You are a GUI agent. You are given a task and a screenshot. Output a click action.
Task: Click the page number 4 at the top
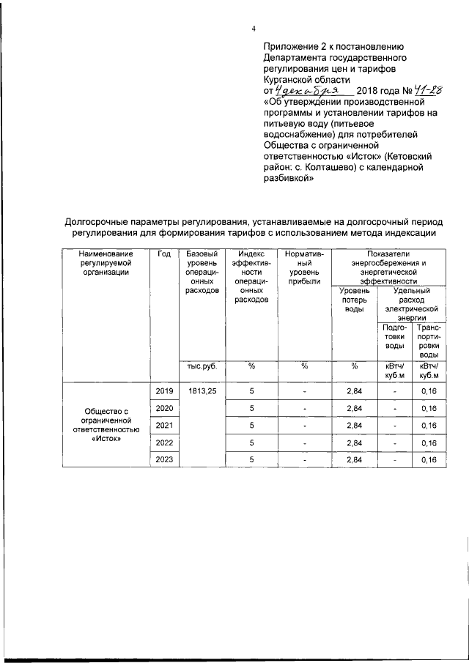coord(253,29)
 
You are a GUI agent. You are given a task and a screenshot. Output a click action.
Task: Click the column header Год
coord(164,253)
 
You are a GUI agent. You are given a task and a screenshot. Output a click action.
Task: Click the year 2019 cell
coord(164,391)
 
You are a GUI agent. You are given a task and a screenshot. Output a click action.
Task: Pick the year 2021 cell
coord(164,425)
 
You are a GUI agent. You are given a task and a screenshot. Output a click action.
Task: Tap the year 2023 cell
coord(164,459)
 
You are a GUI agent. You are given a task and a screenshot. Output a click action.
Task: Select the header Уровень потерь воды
coord(354,300)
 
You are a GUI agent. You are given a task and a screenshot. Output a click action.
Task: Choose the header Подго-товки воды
coord(394,336)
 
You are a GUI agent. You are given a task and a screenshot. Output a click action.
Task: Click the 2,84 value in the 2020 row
coord(354,408)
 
